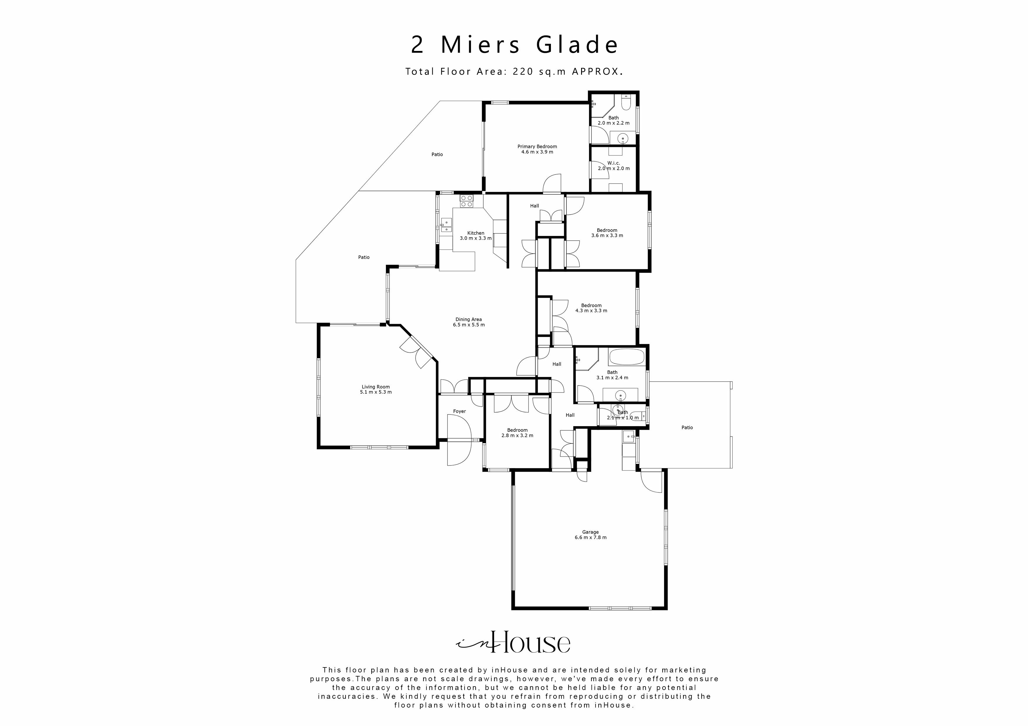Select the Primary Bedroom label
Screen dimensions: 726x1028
[537, 147]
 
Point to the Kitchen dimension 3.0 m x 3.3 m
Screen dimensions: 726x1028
[476, 238]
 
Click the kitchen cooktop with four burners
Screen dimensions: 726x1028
[467, 201]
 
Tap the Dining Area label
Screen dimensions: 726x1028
[468, 319]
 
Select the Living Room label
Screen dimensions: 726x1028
[376, 387]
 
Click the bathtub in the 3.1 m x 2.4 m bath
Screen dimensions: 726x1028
[626, 357]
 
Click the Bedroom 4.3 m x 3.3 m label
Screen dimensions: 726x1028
[591, 306]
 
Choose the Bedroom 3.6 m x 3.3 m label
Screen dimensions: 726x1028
[607, 230]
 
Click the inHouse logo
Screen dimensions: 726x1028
[513, 643]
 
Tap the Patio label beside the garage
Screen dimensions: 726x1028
[687, 428]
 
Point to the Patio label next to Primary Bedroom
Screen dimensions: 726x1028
[437, 154]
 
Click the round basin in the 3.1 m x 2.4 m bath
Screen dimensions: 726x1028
[620, 395]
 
